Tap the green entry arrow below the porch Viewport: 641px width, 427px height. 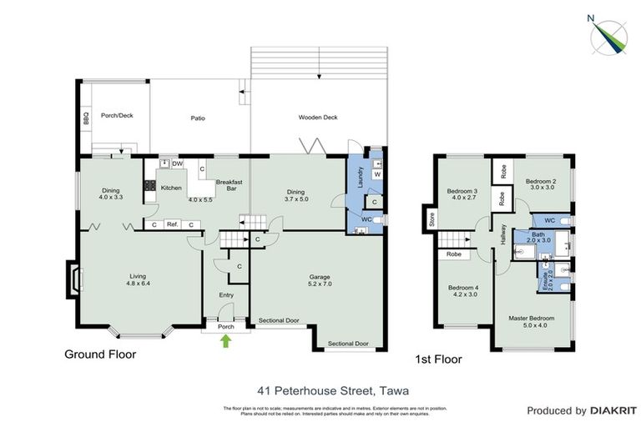[x=225, y=340]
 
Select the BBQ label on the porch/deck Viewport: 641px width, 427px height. [x=85, y=120]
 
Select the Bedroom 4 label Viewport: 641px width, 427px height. [x=462, y=289]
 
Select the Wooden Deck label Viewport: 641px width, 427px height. [x=318, y=118]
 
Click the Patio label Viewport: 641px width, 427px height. [x=198, y=118]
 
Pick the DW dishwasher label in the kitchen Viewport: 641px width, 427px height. [x=177, y=164]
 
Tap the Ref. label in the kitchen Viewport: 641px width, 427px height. [x=173, y=224]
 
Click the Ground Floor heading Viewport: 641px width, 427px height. [x=100, y=354]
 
